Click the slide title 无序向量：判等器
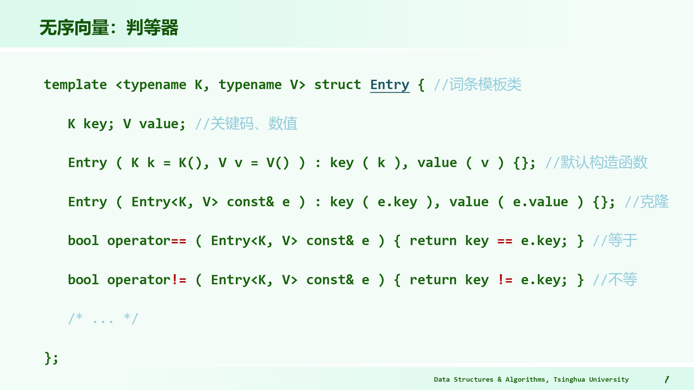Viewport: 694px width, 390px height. coord(109,28)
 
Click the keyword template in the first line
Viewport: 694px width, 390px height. coord(75,85)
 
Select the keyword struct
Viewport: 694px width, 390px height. coord(338,85)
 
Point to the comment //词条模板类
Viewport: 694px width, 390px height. coord(477,85)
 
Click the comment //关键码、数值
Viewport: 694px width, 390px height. coord(246,124)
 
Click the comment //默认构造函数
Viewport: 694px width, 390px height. coord(596,163)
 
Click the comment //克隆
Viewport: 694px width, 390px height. coord(647,202)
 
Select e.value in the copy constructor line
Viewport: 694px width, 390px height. coord(540,202)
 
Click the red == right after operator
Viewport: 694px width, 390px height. coord(179,241)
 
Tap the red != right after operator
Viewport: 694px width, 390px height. coord(179,279)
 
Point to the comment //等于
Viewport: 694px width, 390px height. coord(615,241)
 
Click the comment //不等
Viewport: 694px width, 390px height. coord(615,279)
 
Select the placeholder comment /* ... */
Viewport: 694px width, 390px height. coord(103,318)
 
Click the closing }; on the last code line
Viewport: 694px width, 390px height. coord(51,358)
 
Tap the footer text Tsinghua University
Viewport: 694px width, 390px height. coord(591,380)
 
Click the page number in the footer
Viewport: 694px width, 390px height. coord(667,380)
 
